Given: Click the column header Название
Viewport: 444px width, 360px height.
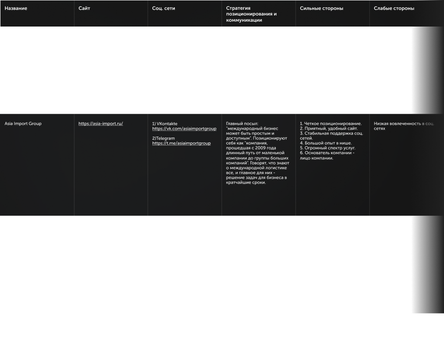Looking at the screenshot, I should click(15, 8).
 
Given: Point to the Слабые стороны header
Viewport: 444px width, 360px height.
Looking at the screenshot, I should click(394, 8).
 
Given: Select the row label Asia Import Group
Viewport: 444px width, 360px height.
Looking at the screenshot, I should click(23, 124).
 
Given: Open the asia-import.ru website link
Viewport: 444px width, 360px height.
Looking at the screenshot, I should click(100, 124).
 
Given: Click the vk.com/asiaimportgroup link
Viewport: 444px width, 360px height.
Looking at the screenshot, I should click(184, 129).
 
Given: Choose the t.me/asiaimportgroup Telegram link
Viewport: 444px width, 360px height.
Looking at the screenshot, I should click(181, 143).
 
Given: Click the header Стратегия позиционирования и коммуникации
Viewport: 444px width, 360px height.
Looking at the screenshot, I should click(251, 14).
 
